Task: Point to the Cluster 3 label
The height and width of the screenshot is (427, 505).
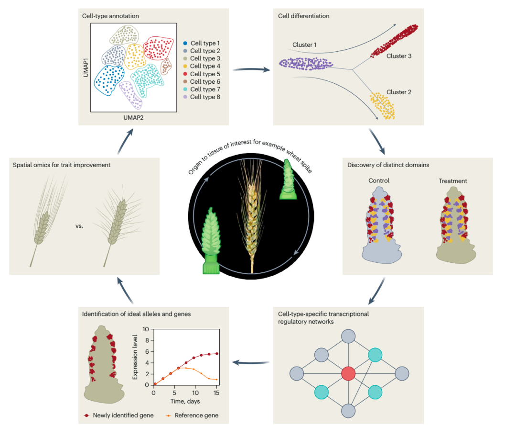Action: coord(399,56)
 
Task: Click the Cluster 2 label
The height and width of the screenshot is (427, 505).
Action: coord(399,92)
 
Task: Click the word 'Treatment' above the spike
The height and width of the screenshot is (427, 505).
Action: coord(453,181)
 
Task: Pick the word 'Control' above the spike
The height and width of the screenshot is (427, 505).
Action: coord(379,181)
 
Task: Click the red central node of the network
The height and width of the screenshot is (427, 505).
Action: coord(349,373)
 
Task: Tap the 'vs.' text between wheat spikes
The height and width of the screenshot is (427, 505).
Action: coord(79,225)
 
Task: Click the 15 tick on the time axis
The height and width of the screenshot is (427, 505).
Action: coord(217,393)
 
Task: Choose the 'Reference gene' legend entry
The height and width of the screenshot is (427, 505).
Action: coord(192,415)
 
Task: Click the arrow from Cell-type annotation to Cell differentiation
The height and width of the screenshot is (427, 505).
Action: coord(251,70)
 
